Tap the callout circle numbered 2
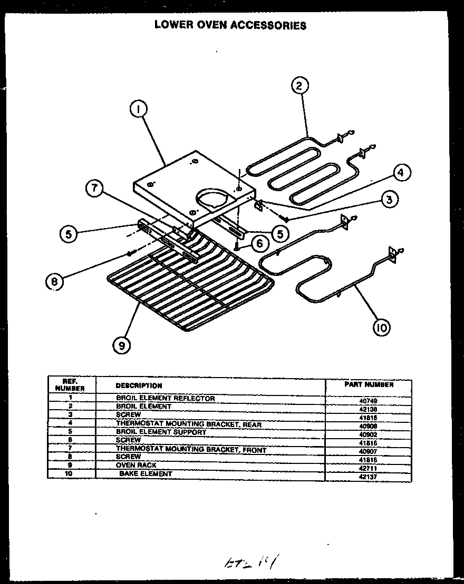299,86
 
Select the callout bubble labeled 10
381,327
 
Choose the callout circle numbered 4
401,172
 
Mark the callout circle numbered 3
389,199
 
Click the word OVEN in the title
205,25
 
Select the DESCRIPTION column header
139,385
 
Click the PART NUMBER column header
369,384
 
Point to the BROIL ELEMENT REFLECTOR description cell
165,399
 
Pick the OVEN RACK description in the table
136,466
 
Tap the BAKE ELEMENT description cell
146,474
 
